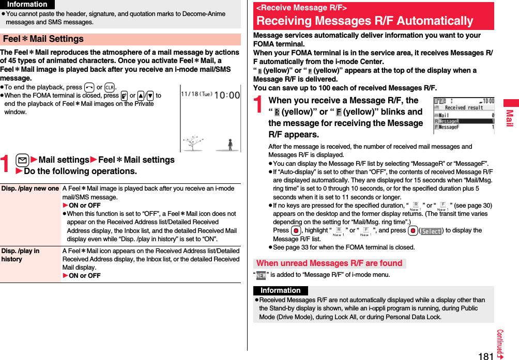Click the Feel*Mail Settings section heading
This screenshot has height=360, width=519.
pos(43,39)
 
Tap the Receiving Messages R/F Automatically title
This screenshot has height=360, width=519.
pos(364,21)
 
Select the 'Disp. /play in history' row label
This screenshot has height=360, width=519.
pos(20,255)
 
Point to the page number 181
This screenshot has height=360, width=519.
pos(485,355)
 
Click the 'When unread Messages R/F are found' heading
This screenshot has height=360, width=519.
pos(329,263)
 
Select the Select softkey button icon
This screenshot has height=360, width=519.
pos(431,231)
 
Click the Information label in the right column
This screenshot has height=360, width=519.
pos(280,291)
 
